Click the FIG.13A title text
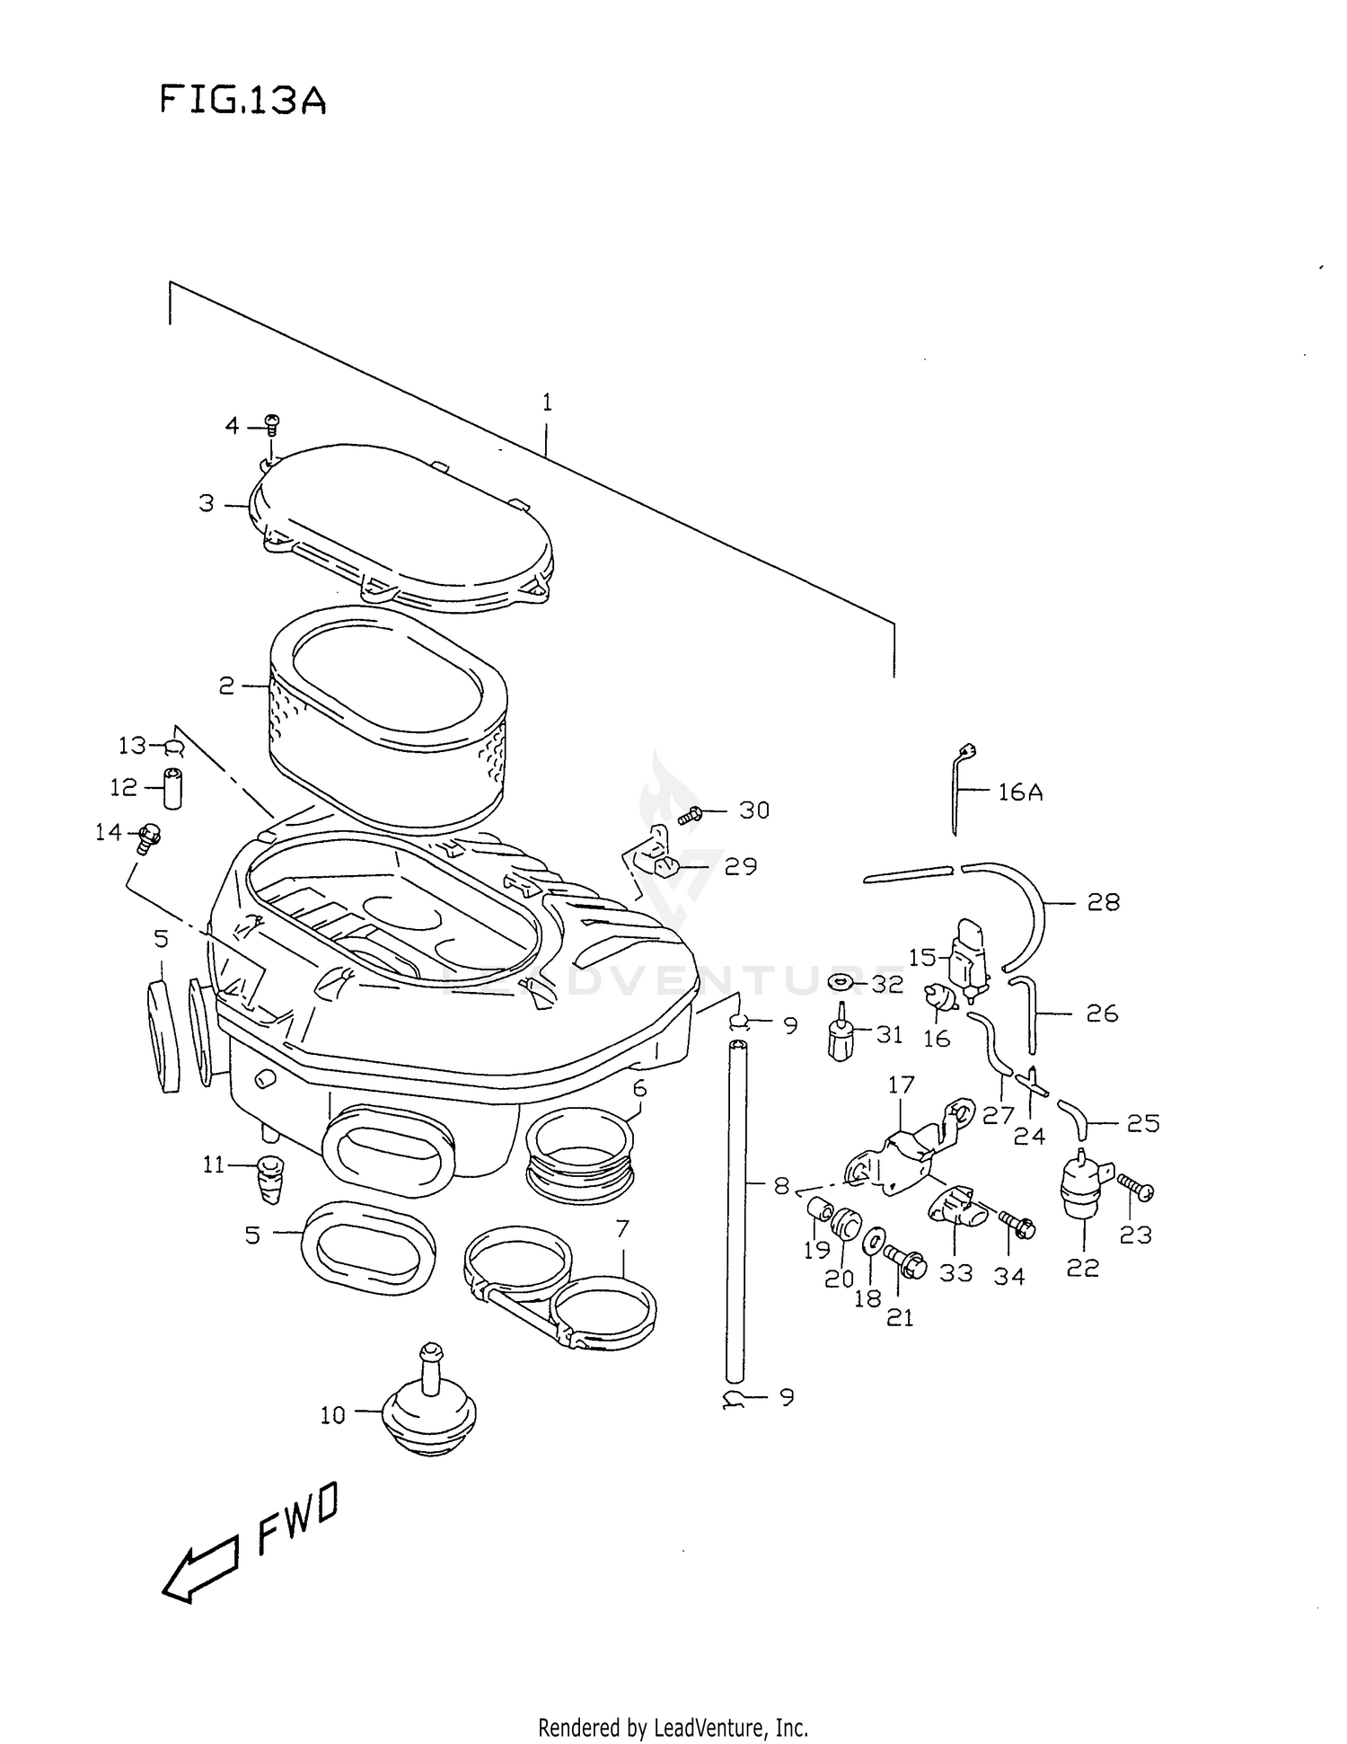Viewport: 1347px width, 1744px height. click(x=242, y=100)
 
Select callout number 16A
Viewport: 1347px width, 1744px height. click(x=1020, y=792)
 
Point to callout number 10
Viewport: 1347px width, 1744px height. click(x=332, y=1415)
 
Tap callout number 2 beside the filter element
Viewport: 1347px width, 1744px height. click(x=226, y=686)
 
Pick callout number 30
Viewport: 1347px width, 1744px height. click(x=754, y=810)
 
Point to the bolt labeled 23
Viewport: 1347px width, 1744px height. click(x=1137, y=1190)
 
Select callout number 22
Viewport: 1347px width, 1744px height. click(x=1083, y=1268)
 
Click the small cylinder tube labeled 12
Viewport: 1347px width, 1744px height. click(x=172, y=788)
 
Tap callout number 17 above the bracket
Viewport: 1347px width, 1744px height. click(x=901, y=1084)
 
